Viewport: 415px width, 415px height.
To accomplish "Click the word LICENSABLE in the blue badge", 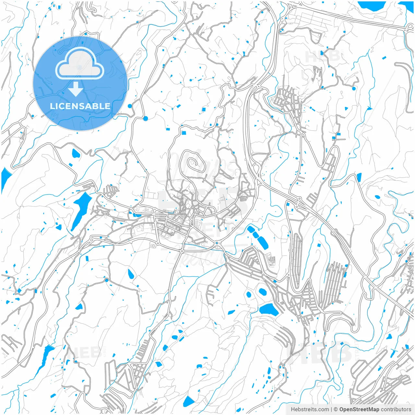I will pos(80,106).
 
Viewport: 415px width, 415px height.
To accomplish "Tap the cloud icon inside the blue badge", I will pos(80,64).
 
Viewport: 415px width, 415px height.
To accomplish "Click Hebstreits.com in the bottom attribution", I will pos(310,409).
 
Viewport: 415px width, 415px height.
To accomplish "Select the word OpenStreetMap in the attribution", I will pos(359,409).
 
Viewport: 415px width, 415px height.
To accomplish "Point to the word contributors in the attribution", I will pos(396,409).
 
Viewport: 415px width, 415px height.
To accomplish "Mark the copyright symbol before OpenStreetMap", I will pos(336,409).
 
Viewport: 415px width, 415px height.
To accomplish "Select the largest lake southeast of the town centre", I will pos(269,309).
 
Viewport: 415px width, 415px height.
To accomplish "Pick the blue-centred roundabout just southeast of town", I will pos(217,243).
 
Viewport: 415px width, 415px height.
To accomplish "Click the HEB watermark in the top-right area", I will pos(322,56).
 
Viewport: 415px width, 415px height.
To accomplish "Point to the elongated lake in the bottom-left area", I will pos(44,358).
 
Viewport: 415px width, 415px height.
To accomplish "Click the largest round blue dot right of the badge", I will pos(145,118).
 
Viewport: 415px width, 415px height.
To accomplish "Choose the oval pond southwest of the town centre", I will pos(131,274).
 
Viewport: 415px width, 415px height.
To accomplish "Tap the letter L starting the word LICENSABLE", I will pos(52,106).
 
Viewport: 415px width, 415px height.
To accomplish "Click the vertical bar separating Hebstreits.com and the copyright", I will pos(331,409).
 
